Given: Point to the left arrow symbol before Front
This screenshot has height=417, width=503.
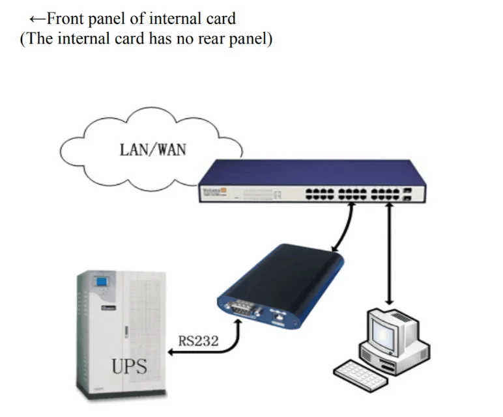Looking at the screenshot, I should [36, 18].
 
